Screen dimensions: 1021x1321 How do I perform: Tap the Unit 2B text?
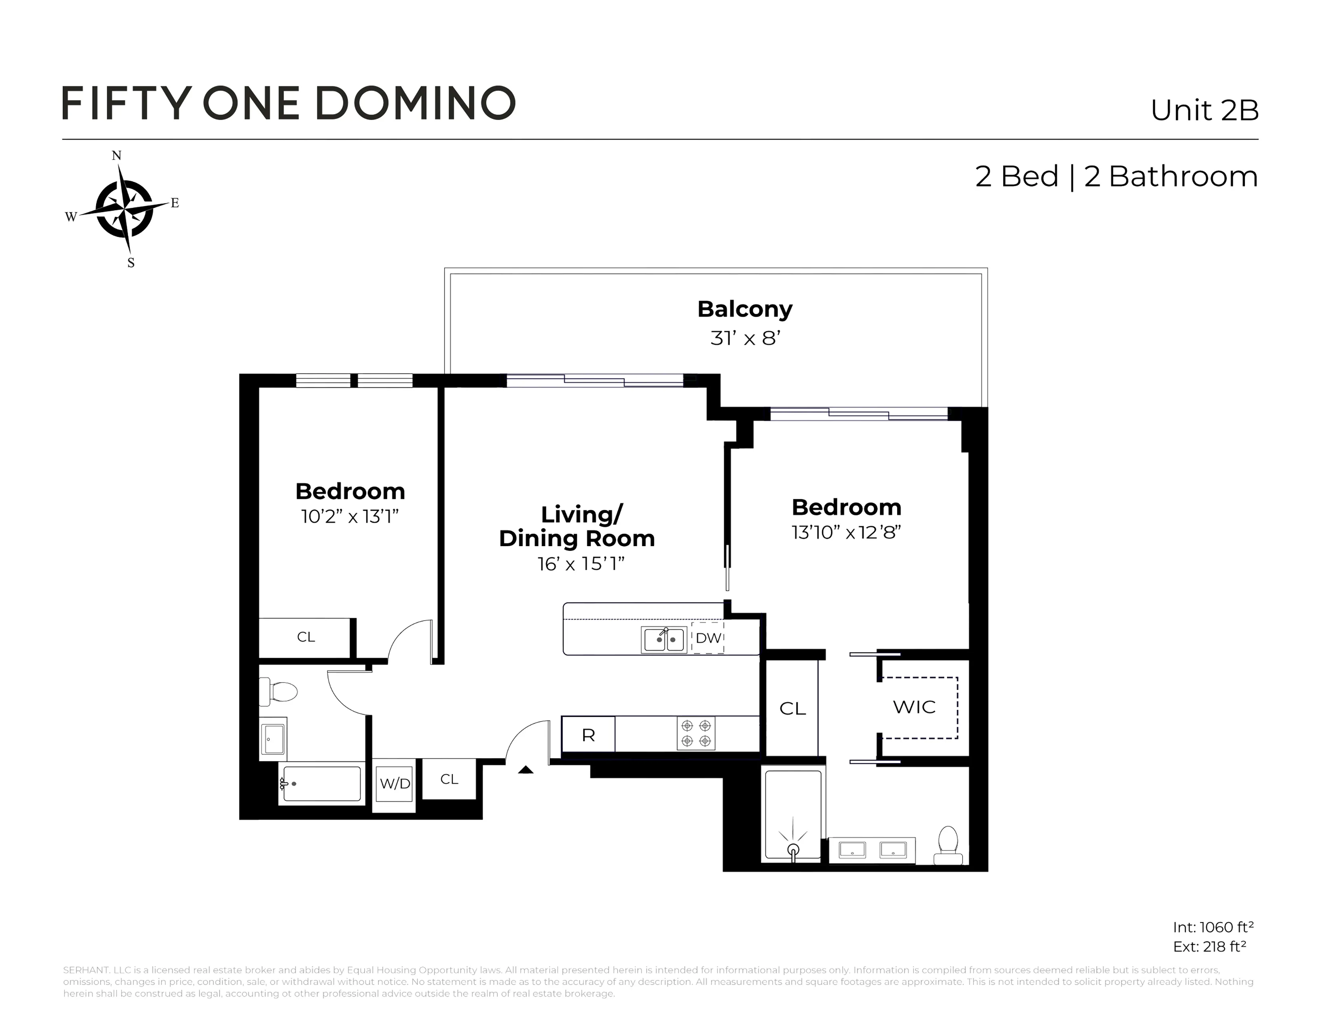pyautogui.click(x=1204, y=110)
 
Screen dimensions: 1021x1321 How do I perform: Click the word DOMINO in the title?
pyautogui.click(x=416, y=103)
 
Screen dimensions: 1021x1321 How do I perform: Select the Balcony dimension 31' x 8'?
pyautogui.click(x=745, y=338)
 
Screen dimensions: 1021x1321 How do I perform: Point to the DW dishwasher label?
pyautogui.click(x=708, y=637)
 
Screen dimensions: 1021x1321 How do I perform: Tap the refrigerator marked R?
pyautogui.click(x=588, y=735)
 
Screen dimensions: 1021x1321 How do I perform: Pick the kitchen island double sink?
pyautogui.click(x=664, y=639)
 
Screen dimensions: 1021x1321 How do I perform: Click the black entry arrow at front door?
pyautogui.click(x=526, y=770)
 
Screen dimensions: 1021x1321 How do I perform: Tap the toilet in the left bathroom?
pyautogui.click(x=279, y=691)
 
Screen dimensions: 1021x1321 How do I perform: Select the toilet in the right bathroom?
pyautogui.click(x=948, y=846)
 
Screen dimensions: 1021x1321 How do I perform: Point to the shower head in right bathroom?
pyautogui.click(x=793, y=849)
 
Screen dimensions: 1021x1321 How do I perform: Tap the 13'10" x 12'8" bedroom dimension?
pyautogui.click(x=846, y=532)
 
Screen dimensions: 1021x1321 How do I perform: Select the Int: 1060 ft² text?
pyautogui.click(x=1213, y=927)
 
